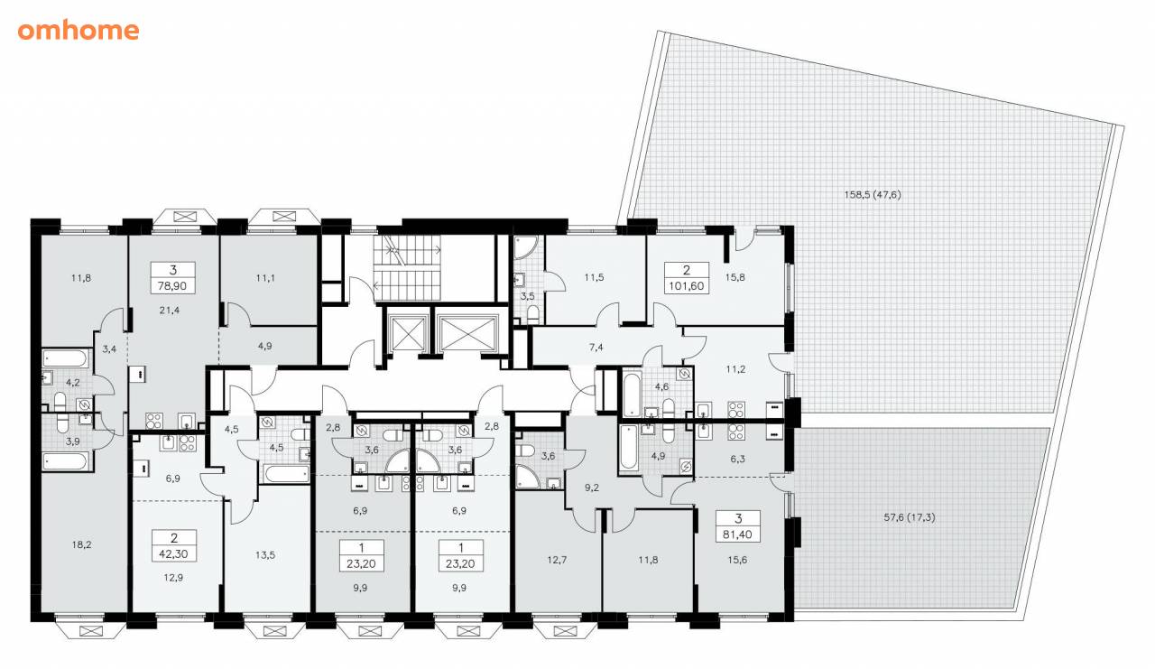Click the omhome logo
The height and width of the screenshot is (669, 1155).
(x=79, y=31)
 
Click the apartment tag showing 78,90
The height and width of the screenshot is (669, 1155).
(x=172, y=277)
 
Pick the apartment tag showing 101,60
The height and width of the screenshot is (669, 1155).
(x=687, y=277)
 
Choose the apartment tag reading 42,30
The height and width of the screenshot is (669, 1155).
(x=174, y=545)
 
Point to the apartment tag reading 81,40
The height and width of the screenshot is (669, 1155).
(x=738, y=526)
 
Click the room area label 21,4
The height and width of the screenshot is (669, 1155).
(x=169, y=310)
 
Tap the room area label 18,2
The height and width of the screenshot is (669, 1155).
(x=81, y=544)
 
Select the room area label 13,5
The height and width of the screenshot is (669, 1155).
(x=265, y=555)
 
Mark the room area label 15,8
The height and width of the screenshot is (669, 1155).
(x=735, y=277)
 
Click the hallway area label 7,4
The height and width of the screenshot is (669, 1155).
(x=596, y=347)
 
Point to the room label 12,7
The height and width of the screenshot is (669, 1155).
(x=557, y=560)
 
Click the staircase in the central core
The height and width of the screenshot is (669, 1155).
(x=407, y=268)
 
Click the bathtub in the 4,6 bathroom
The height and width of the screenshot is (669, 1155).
(x=631, y=393)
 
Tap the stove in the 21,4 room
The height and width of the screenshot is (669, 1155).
(x=153, y=421)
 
